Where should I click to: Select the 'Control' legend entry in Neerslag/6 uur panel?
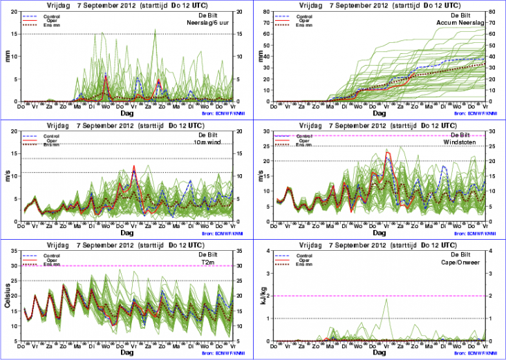click(50, 15)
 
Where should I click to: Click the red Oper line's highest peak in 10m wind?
click(134, 167)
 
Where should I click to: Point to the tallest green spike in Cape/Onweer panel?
click(386, 299)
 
